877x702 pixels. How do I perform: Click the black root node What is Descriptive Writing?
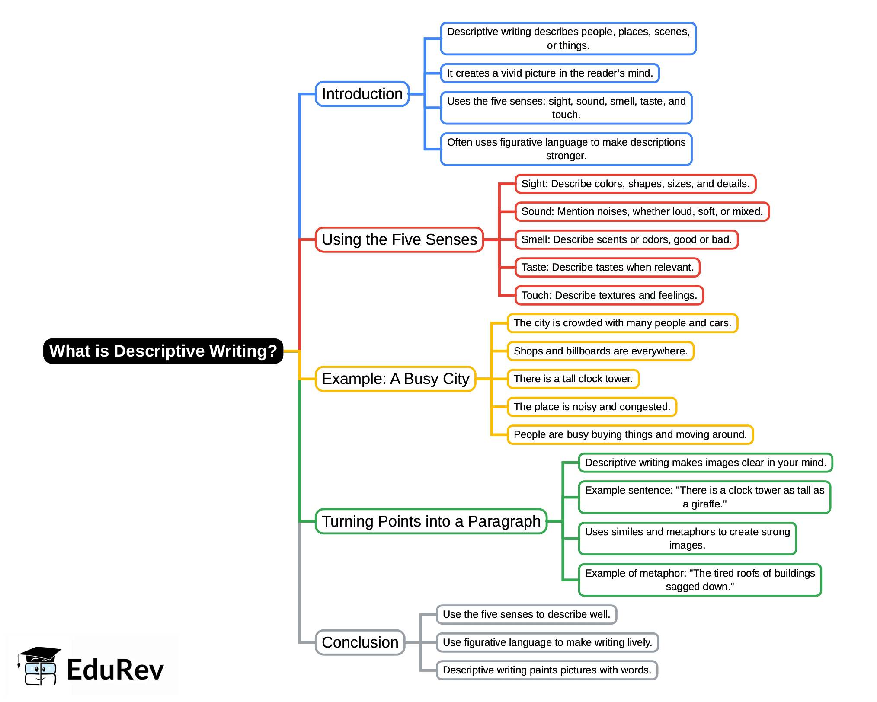click(x=163, y=351)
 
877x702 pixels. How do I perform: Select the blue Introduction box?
click(x=362, y=94)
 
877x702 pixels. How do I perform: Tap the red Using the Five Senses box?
click(x=399, y=239)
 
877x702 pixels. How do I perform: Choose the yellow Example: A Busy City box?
click(x=395, y=379)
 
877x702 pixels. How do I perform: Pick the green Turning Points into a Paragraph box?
click(x=431, y=521)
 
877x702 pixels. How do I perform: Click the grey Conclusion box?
click(x=360, y=642)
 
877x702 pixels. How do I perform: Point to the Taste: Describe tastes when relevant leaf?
click(x=607, y=267)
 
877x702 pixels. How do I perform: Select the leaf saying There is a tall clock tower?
click(x=573, y=379)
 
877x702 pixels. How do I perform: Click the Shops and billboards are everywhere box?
click(x=600, y=351)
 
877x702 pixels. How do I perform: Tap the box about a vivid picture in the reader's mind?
click(x=550, y=73)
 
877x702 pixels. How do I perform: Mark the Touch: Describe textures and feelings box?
click(x=609, y=295)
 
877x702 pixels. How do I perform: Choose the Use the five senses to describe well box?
click(x=526, y=614)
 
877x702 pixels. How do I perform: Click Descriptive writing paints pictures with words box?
click(x=547, y=670)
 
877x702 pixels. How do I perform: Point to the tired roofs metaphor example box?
click(x=700, y=580)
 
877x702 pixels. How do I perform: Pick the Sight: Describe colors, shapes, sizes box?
click(x=635, y=184)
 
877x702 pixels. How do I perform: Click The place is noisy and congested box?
click(x=592, y=407)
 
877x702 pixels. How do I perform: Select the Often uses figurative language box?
click(x=566, y=149)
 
